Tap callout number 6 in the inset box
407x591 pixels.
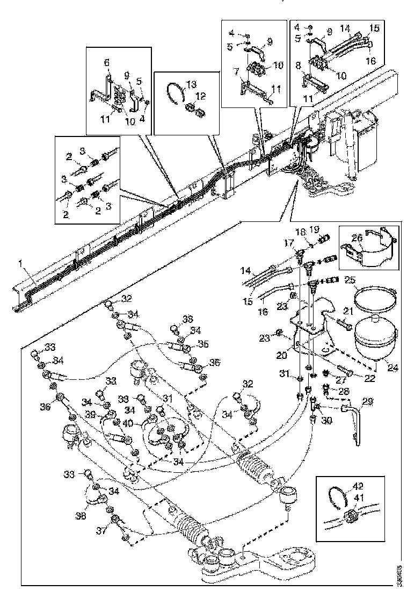pyautogui.click(x=106, y=63)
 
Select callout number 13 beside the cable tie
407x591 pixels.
pyautogui.click(x=191, y=84)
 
